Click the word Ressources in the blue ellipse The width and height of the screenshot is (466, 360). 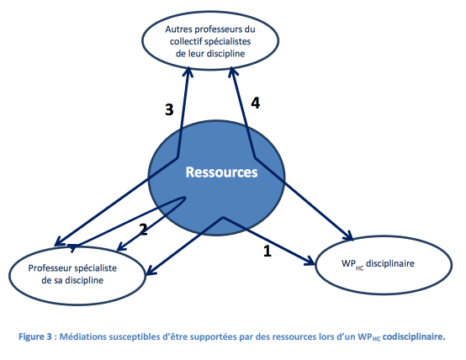[x=221, y=172]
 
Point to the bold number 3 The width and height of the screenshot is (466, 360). [x=169, y=109]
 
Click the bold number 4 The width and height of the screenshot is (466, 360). [x=256, y=103]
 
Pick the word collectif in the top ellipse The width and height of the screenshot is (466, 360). [x=183, y=41]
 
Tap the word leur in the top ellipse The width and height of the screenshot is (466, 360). [x=196, y=54]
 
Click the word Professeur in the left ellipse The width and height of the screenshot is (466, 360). [x=48, y=268]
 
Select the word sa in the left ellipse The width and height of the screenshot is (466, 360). [x=58, y=280]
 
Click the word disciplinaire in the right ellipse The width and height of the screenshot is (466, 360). [x=390, y=263]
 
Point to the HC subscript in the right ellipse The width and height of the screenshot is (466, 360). [x=359, y=268]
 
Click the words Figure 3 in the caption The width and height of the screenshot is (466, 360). [x=35, y=336]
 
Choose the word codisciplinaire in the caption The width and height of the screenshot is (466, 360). [x=414, y=336]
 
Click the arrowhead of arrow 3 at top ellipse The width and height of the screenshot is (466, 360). [x=188, y=72]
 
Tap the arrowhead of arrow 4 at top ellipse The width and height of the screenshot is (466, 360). [x=233, y=72]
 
